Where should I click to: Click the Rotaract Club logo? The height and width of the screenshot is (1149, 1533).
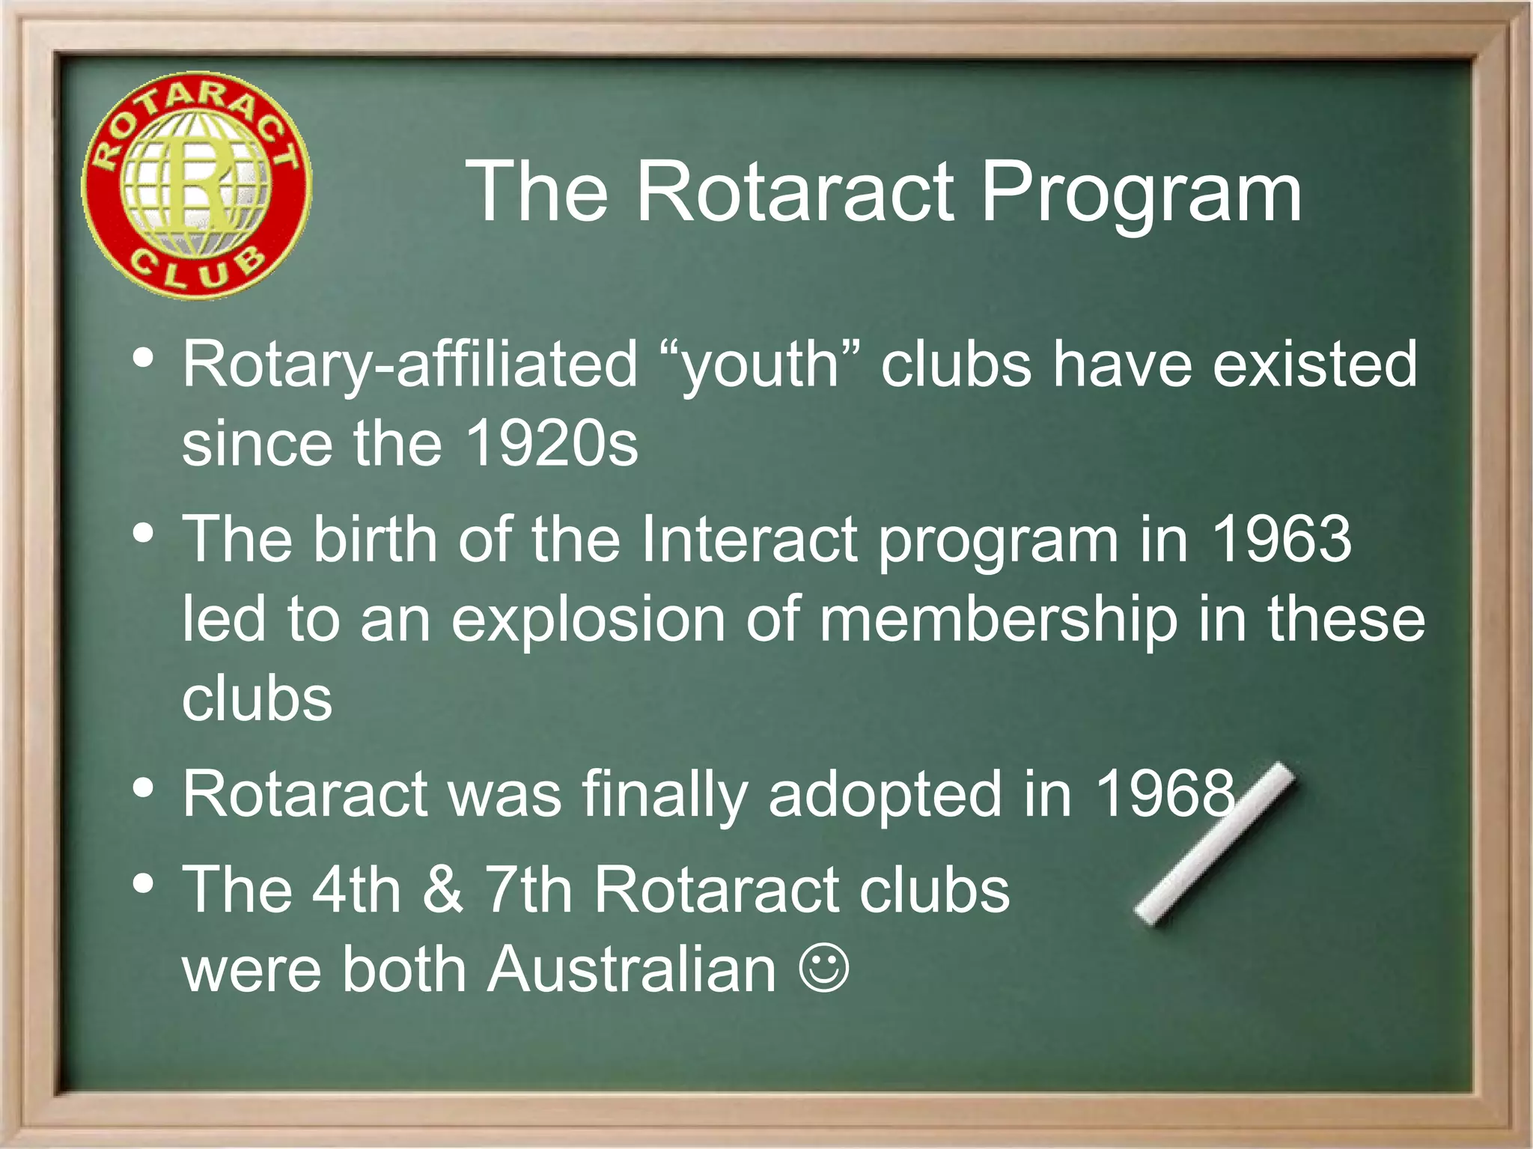click(196, 186)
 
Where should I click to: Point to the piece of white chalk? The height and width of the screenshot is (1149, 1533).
click(1214, 844)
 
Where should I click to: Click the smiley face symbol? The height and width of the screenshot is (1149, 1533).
click(823, 970)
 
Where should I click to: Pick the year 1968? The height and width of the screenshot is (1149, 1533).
click(1165, 793)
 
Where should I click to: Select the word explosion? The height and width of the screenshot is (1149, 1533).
click(588, 620)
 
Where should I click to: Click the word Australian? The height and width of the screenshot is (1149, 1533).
click(633, 970)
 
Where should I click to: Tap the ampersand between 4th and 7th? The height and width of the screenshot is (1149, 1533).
click(443, 889)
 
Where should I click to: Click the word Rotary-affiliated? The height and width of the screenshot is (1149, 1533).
click(410, 365)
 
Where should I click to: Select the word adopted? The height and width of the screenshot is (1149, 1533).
click(885, 795)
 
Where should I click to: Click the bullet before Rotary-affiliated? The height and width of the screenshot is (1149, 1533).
click(142, 358)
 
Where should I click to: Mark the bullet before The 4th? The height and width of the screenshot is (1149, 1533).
click(142, 883)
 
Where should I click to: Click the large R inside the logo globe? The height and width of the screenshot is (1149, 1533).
click(196, 183)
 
